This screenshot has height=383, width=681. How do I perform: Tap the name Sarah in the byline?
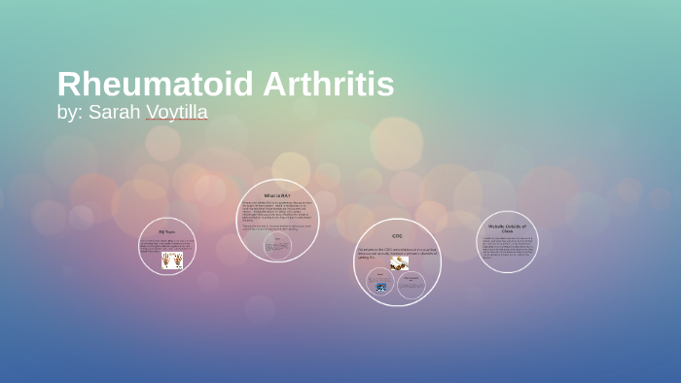click(115, 112)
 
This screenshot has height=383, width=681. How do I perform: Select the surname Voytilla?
click(176, 112)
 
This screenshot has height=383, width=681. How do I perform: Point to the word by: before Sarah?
click(70, 112)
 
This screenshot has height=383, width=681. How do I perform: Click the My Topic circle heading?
click(167, 232)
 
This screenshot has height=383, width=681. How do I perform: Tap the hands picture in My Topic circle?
click(172, 260)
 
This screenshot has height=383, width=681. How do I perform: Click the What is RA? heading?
click(276, 195)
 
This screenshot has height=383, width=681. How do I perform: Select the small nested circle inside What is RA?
click(279, 246)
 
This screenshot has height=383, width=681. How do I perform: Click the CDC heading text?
click(397, 235)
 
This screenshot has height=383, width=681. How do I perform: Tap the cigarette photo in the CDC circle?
click(399, 262)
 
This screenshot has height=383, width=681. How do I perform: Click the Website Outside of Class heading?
click(507, 228)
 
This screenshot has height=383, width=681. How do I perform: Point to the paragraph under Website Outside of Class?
click(507, 247)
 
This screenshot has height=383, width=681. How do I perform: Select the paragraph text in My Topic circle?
click(166, 244)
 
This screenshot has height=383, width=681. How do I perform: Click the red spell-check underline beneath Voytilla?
click(176, 121)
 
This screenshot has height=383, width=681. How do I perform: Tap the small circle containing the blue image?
click(380, 284)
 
